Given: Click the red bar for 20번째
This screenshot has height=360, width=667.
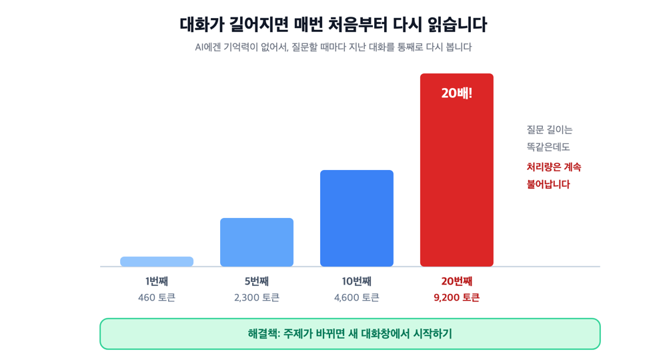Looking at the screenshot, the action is pos(456,170).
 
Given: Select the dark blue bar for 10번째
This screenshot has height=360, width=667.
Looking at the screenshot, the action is pos(356,219).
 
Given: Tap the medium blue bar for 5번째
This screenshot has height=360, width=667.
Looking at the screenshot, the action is pos(257,242).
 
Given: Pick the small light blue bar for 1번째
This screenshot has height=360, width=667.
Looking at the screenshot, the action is pos(157,261).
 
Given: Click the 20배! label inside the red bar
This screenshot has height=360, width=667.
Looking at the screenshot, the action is pos(456,93).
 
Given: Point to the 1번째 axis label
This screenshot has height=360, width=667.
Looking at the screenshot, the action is pos(157,281).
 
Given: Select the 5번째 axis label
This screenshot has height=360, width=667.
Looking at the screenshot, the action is pos(257,281).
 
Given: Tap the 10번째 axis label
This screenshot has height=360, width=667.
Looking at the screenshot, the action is pos(356,281).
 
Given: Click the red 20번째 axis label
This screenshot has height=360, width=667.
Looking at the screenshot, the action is pos(457,281).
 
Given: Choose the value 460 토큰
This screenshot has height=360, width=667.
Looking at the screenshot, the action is pos(157,297).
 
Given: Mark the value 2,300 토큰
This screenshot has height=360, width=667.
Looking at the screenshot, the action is pos(257,297).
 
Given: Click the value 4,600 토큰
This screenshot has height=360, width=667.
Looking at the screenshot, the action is pos(356,297).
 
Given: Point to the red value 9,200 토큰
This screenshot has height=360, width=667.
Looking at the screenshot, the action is pos(456,297).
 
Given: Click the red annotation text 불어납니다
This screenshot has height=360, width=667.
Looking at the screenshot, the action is pos(548,184).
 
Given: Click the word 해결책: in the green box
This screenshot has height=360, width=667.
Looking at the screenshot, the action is pos(264,333).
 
